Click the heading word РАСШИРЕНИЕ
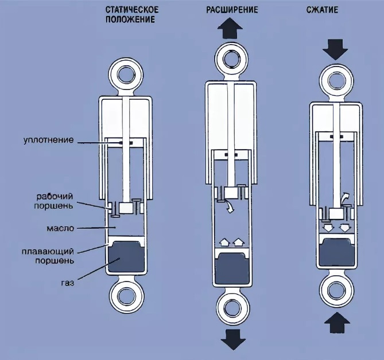click(x=232, y=10)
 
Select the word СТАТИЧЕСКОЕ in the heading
click(x=132, y=10)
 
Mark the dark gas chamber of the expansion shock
click(x=232, y=269)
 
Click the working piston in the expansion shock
click(x=232, y=194)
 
